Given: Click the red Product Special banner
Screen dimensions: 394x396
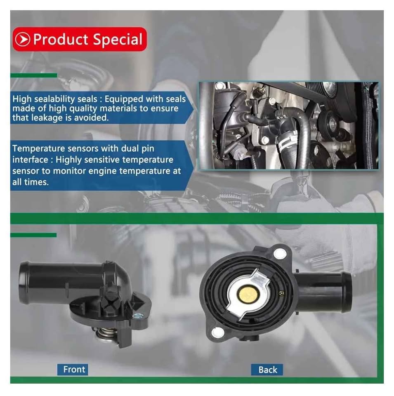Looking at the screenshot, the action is (80, 40).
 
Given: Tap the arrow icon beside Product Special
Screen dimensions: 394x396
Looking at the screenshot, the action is (22, 40).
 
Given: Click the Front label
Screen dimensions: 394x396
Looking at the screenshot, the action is (74, 370).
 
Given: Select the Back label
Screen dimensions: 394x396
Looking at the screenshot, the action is (267, 370).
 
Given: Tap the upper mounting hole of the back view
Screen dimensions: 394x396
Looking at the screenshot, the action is (280, 253).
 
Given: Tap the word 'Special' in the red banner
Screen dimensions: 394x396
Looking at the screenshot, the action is (118, 40).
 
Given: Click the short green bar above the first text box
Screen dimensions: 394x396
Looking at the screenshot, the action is (33, 75).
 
